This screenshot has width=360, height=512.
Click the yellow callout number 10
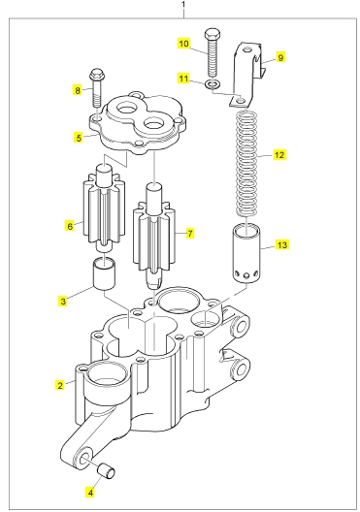click(184, 44)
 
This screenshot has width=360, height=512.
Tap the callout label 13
click(281, 244)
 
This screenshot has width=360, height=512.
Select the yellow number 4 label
click(90, 493)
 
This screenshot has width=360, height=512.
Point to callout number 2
click(60, 385)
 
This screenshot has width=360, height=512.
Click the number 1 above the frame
click(183, 5)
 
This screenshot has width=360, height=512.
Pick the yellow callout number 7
click(190, 233)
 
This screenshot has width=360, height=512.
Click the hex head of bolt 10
click(213, 34)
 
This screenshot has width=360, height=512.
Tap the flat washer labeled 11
click(213, 84)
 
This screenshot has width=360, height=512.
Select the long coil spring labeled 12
click(246, 164)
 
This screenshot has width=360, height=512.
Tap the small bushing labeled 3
click(104, 273)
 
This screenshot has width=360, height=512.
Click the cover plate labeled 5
click(137, 124)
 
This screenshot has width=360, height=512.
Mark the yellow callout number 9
click(280, 57)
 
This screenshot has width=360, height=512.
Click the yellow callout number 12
click(279, 154)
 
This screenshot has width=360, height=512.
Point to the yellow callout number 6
click(70, 226)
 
